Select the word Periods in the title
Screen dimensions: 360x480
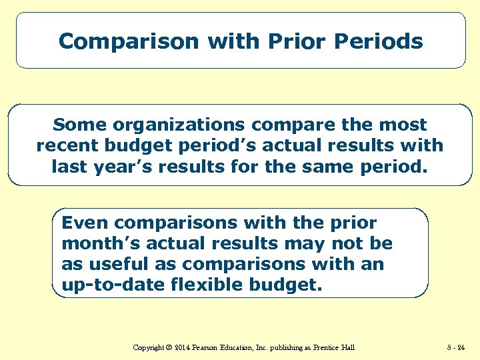point(378,41)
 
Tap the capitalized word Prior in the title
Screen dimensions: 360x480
point(293,41)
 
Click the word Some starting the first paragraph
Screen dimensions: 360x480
point(79,125)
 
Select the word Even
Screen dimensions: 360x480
point(85,223)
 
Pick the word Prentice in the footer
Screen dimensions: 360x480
point(323,347)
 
